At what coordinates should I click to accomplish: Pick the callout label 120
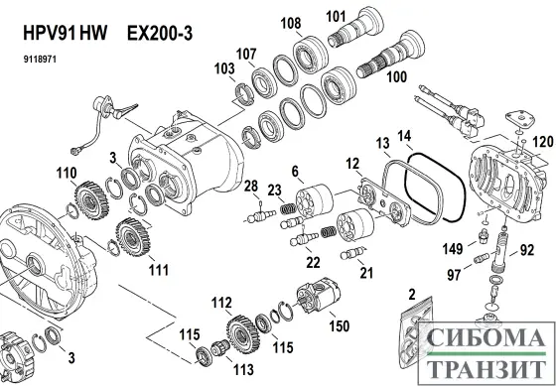point(541,142)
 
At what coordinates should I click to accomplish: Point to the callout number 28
point(251,186)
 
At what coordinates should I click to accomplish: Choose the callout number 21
point(365,272)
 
